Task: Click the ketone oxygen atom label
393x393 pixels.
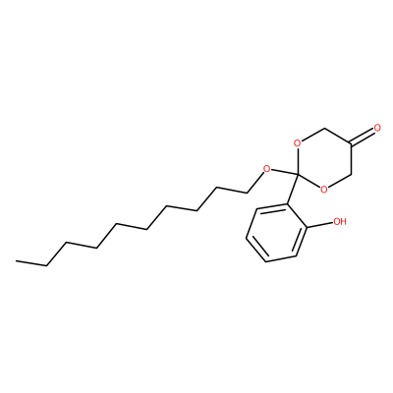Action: [x=377, y=128]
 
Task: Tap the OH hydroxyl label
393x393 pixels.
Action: [x=340, y=222]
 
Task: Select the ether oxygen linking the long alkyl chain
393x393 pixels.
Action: [x=267, y=169]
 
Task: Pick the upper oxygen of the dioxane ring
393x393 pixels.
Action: [x=297, y=143]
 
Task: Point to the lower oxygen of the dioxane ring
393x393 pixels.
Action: [x=323, y=190]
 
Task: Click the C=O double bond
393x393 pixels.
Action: [x=363, y=137]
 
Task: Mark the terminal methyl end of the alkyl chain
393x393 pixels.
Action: [x=17, y=261]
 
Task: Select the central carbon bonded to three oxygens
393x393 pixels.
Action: [x=298, y=174]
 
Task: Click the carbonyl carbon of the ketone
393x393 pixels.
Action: [x=351, y=143]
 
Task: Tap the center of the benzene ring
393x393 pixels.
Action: [x=277, y=233]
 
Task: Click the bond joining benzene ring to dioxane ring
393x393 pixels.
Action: [x=294, y=189]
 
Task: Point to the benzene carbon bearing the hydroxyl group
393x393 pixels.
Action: [x=308, y=227]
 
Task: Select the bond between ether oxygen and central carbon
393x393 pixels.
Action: [x=284, y=172]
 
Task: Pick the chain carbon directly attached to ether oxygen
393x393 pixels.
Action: [x=247, y=193]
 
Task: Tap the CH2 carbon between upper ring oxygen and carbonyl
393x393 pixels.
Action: [x=324, y=128]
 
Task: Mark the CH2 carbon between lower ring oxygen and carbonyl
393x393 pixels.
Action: [x=351, y=174]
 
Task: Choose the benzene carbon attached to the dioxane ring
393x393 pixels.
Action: [x=289, y=204]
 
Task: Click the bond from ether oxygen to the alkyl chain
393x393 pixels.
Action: [x=255, y=183]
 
